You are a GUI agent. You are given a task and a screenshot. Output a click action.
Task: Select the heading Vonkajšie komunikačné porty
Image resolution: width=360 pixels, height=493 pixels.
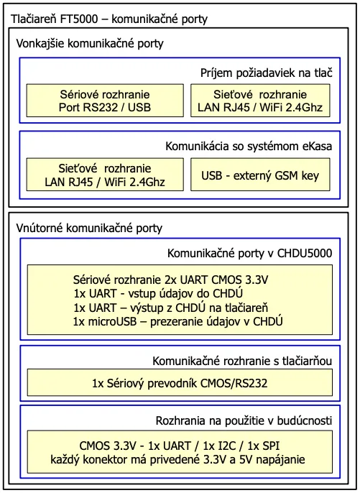pos(90,44)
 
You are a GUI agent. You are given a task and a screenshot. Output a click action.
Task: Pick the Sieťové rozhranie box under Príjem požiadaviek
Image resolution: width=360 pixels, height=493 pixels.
pos(260,101)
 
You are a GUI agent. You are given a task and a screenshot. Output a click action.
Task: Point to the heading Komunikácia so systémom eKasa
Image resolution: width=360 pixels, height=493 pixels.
pos(259,146)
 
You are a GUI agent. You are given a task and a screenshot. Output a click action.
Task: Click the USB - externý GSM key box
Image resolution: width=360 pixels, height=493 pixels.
pos(260,175)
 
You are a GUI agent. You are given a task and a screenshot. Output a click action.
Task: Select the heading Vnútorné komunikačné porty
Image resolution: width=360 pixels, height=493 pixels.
pos(89,228)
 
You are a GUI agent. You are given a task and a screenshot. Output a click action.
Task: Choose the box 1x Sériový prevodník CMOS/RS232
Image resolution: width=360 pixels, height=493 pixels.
pos(180,384)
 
